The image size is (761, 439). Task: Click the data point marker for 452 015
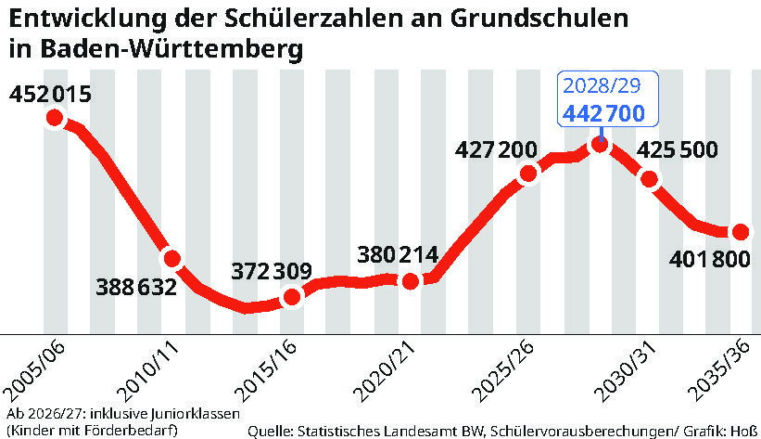(x=54, y=118)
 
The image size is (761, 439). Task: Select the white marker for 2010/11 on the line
(x=171, y=258)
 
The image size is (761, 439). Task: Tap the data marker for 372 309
(x=292, y=297)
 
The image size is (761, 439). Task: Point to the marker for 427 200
(x=529, y=174)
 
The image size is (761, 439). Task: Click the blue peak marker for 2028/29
(x=601, y=143)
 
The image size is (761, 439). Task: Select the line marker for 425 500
(x=654, y=182)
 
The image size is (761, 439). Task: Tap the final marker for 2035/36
(x=740, y=232)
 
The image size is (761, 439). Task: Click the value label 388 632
(x=136, y=287)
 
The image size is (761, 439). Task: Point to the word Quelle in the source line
(x=269, y=431)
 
